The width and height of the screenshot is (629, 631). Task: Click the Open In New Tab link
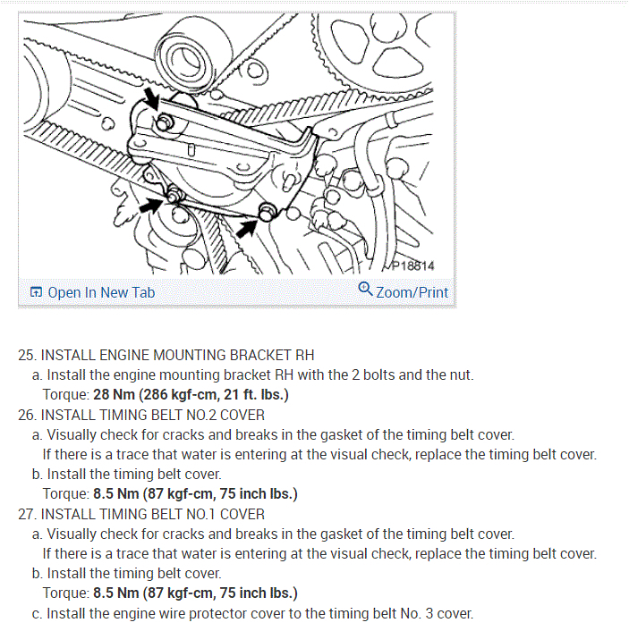[100, 292]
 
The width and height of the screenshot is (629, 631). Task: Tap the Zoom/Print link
[412, 292]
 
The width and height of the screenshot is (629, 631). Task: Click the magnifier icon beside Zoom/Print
[365, 290]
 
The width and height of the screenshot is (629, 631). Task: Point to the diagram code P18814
[412, 265]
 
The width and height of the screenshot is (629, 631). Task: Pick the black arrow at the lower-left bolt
[152, 205]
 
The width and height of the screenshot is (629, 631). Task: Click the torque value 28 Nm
[114, 394]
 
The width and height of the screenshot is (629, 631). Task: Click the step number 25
[26, 355]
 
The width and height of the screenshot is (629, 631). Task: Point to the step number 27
[26, 514]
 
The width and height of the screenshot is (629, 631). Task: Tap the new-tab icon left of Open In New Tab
[36, 292]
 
